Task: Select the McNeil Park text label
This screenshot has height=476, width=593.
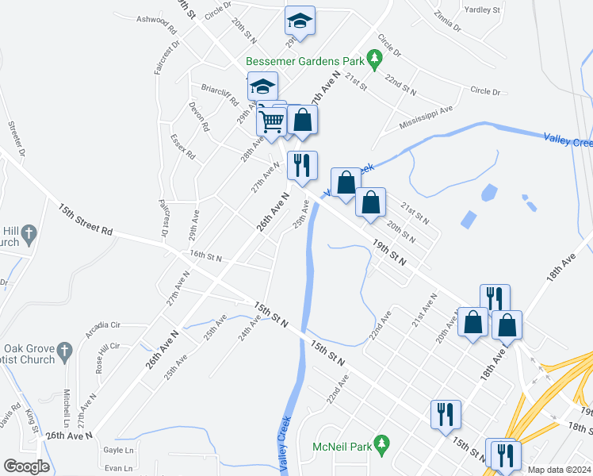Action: (342, 447)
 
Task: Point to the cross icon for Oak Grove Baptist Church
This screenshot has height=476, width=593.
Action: (67, 349)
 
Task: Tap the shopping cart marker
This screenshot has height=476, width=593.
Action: (271, 122)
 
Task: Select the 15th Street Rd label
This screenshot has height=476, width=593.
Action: (86, 220)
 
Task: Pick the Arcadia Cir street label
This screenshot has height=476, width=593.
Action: (108, 325)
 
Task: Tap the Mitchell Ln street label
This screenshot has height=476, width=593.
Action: (68, 405)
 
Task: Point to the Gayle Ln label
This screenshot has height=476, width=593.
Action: (119, 449)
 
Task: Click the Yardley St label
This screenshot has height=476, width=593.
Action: (484, 11)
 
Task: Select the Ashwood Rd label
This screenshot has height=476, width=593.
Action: (156, 20)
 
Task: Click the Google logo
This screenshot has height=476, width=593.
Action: (26, 466)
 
